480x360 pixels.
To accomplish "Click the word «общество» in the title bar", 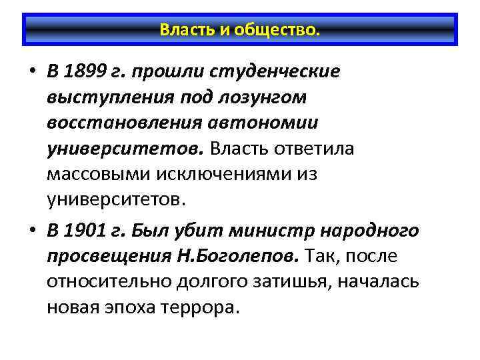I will pos(283,31).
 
